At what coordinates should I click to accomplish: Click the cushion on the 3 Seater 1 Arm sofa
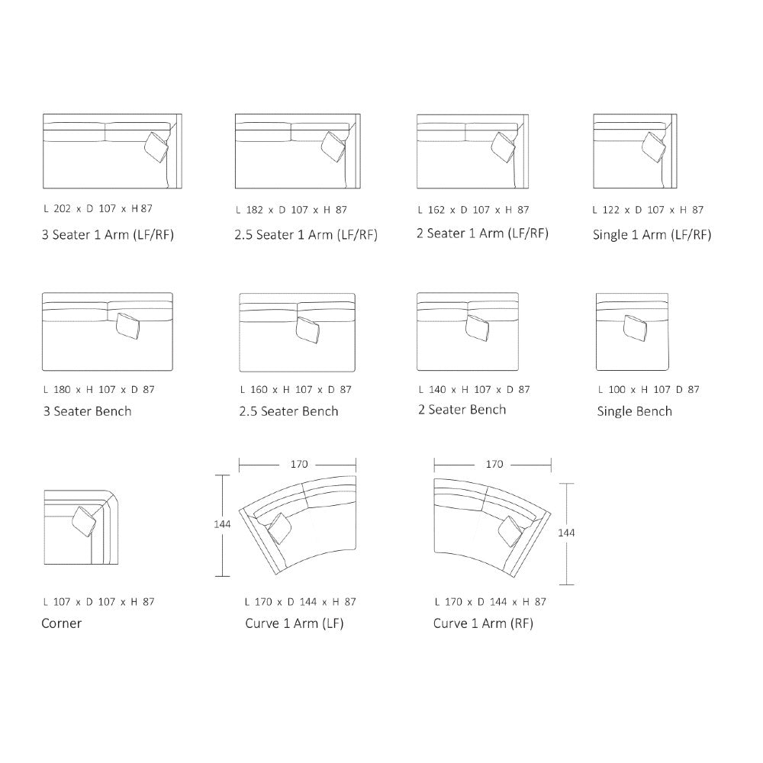click(157, 147)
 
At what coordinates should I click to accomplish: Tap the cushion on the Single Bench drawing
click(635, 328)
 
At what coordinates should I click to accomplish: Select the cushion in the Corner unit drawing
click(84, 521)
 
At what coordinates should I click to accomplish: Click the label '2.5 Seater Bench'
click(288, 411)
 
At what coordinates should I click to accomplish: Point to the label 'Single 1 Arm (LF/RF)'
click(652, 235)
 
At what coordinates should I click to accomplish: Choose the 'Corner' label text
click(61, 623)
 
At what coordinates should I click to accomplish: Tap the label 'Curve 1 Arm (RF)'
click(483, 623)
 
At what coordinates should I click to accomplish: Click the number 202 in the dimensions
click(63, 209)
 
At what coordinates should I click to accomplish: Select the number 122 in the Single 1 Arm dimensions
click(611, 210)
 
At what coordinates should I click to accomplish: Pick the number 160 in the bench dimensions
click(259, 389)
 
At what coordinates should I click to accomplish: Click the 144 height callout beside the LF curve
click(222, 524)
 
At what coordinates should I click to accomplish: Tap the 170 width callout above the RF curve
click(494, 464)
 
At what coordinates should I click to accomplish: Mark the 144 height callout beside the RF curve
click(566, 533)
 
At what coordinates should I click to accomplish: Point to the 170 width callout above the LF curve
click(299, 464)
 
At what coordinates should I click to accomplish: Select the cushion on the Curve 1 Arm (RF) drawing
click(511, 531)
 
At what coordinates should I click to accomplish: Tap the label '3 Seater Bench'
click(88, 411)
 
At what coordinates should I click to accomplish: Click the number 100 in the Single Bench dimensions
click(617, 389)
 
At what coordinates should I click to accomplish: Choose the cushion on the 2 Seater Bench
click(478, 328)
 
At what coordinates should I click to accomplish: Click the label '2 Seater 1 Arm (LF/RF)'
click(483, 233)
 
